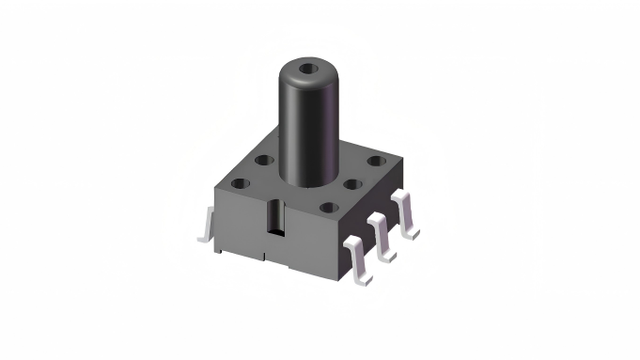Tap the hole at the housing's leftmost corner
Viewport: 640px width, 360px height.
click(x=240, y=184)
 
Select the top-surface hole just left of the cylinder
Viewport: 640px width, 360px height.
click(x=264, y=159)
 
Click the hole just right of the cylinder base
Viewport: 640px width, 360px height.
click(x=352, y=183)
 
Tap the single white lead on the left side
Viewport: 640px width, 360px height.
click(x=205, y=225)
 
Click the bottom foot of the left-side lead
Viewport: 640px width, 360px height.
click(x=204, y=240)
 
